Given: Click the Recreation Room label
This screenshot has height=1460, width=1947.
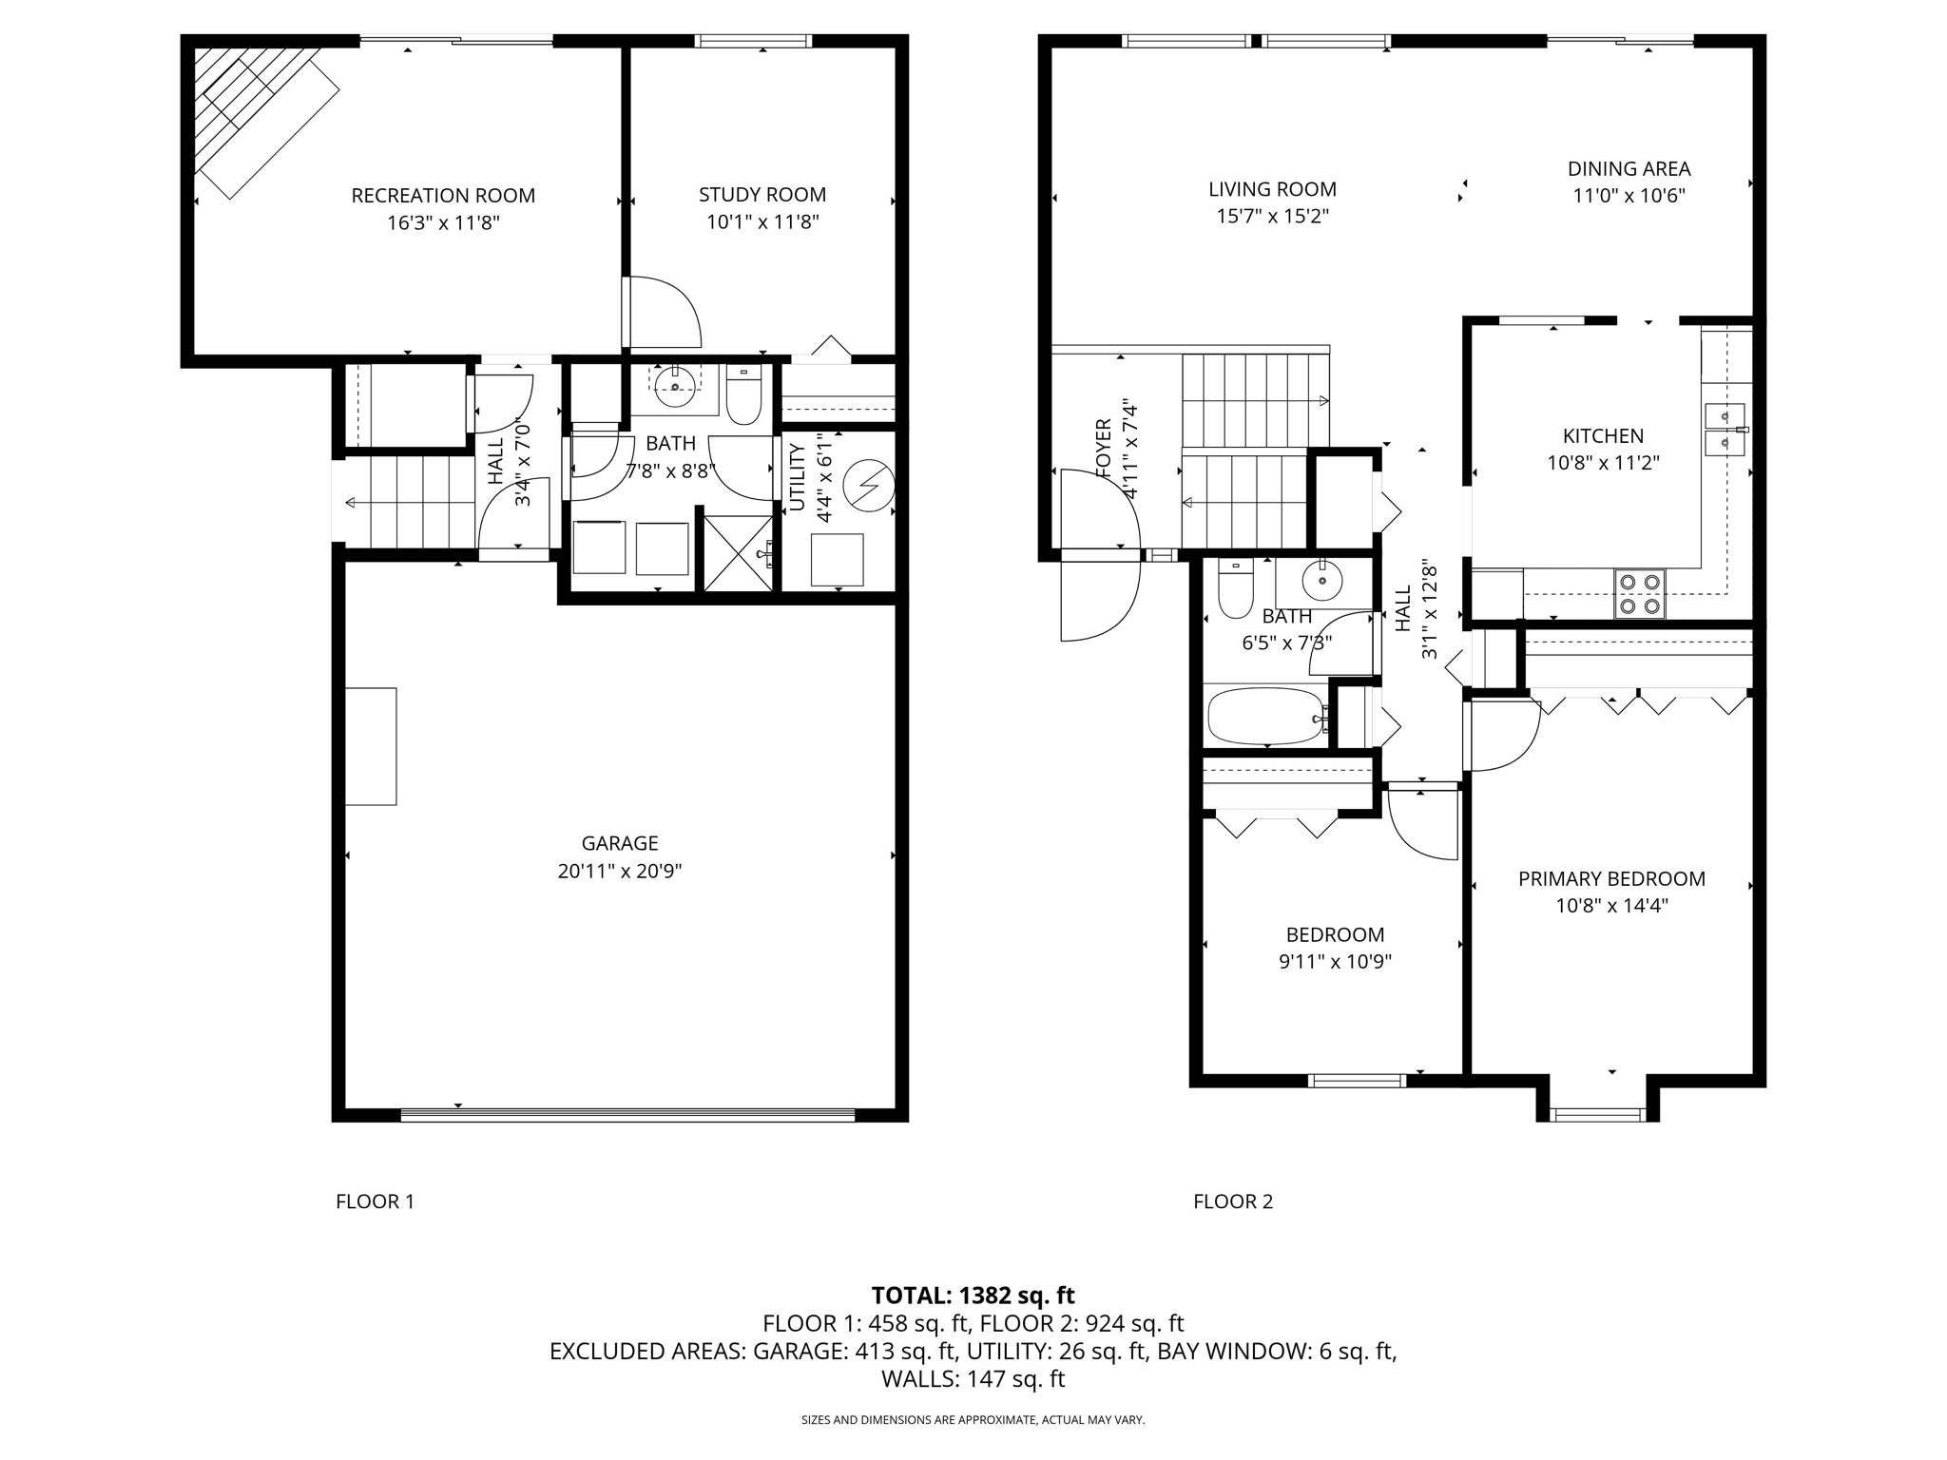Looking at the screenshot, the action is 443,196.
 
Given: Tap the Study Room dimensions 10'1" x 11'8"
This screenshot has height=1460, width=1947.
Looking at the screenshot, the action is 762,222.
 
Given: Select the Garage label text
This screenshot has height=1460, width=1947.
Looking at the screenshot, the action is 620,843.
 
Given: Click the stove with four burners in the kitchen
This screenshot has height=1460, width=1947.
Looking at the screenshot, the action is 1640,593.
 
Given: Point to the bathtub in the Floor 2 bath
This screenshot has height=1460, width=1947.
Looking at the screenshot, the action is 1268,717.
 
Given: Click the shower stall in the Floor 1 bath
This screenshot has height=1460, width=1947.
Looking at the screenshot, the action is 738,552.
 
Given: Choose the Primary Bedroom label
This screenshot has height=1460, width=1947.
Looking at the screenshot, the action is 1611,879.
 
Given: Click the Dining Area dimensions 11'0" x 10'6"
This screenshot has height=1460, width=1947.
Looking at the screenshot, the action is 1629,196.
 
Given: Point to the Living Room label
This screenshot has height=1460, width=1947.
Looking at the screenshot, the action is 1272,189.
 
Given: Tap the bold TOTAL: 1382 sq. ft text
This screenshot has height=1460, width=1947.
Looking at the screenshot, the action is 973,1296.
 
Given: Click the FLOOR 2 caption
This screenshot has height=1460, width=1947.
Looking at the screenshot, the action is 1233,1201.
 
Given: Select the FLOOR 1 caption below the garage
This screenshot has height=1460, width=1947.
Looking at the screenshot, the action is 376,1201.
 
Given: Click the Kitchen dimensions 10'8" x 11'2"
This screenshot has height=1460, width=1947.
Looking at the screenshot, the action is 1603,463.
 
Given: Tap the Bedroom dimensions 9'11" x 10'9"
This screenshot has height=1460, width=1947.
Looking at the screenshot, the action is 1335,962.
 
